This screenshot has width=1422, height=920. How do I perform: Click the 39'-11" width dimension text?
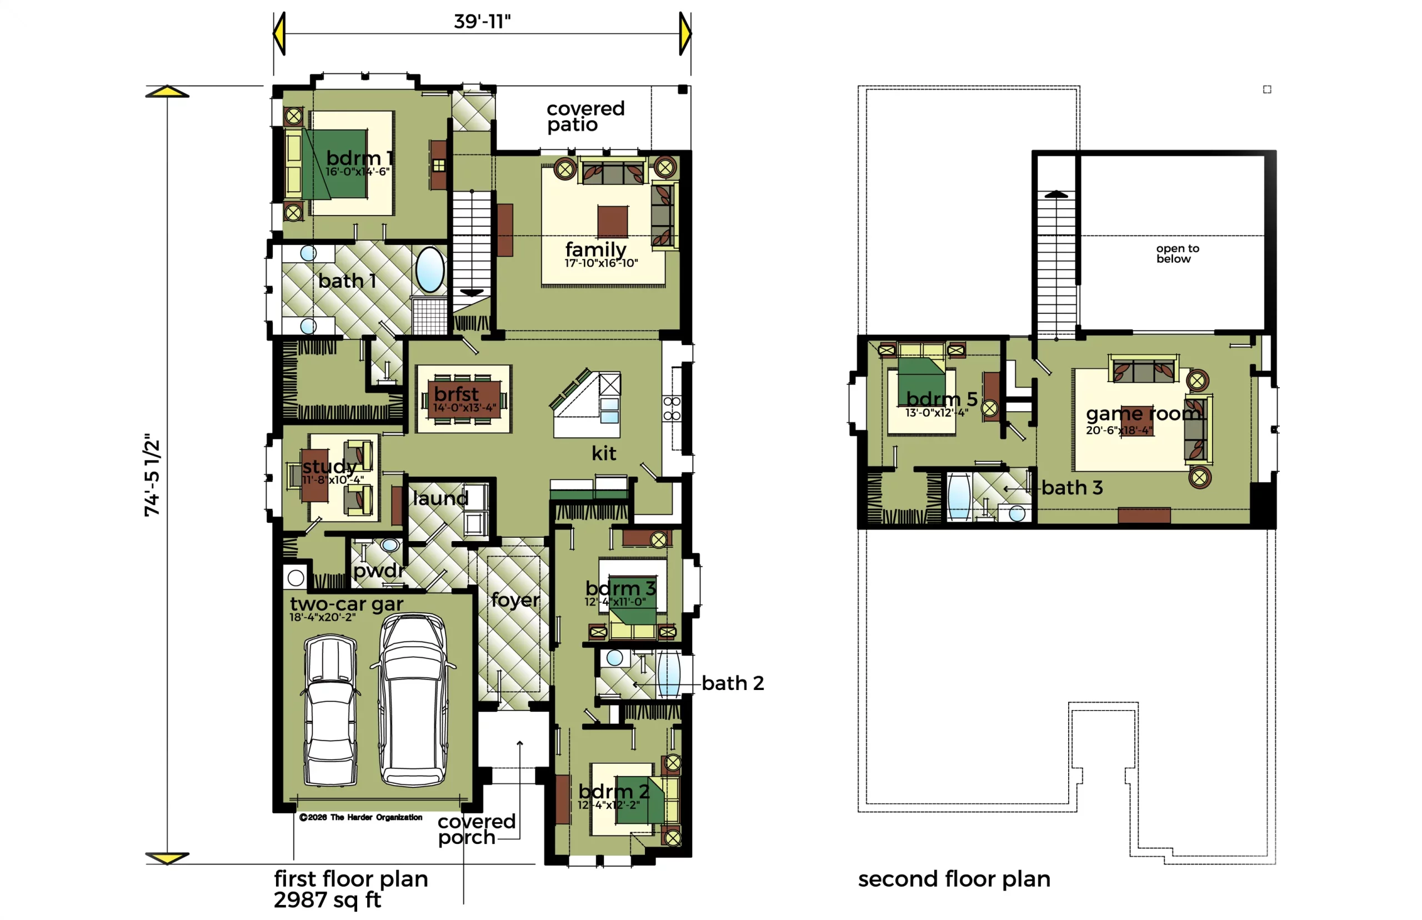point(482,22)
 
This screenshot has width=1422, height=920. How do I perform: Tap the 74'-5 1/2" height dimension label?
point(152,476)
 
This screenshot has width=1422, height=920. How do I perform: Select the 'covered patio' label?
point(585,117)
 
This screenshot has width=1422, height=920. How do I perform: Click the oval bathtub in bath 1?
point(430,269)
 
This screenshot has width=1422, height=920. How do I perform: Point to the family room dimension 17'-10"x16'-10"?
point(601,263)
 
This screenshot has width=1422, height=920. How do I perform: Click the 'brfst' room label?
point(455,394)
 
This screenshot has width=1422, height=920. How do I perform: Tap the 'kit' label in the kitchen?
point(603,453)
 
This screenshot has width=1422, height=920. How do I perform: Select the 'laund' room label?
point(440,498)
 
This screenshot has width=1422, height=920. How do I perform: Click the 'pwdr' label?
point(379,571)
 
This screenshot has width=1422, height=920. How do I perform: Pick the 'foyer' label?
point(515,599)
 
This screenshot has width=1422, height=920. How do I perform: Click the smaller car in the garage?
point(331,709)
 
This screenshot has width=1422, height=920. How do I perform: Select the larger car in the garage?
point(413,699)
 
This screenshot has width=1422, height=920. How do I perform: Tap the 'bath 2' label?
point(732,683)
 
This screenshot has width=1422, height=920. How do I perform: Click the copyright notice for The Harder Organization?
point(360,817)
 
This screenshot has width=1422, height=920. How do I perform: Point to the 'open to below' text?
point(1176,253)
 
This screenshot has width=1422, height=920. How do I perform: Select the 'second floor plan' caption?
point(954,879)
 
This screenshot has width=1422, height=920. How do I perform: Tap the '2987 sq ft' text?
point(327,899)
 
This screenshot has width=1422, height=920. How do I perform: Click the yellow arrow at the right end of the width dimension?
point(685,33)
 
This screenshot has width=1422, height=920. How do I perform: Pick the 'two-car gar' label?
point(347,604)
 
